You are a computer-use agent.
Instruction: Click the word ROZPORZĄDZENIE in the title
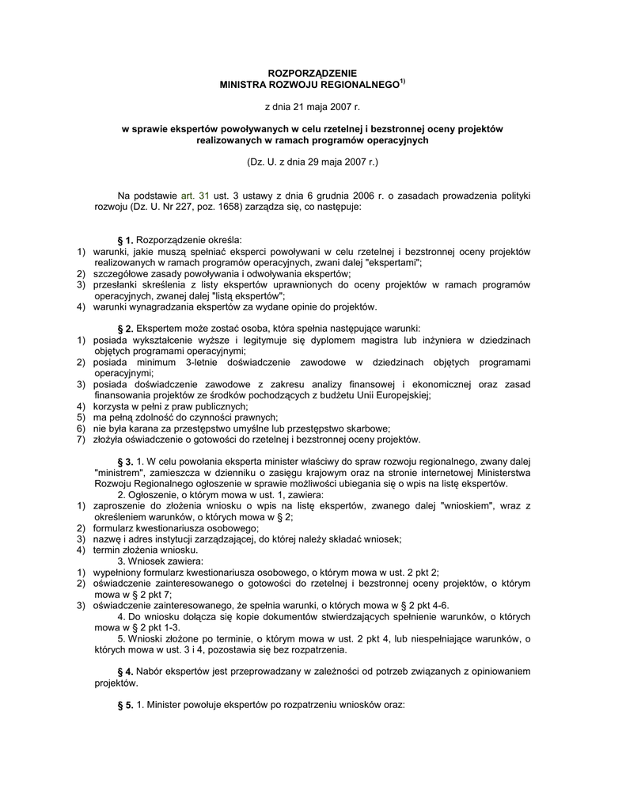(313, 73)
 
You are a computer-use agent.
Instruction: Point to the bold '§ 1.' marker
(125, 240)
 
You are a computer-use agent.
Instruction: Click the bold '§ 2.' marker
(125, 328)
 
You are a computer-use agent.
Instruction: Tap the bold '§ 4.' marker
(125, 672)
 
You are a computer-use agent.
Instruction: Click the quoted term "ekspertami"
(393, 262)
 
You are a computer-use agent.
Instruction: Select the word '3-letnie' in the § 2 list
(204, 362)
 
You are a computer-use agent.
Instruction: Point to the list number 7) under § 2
(81, 440)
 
